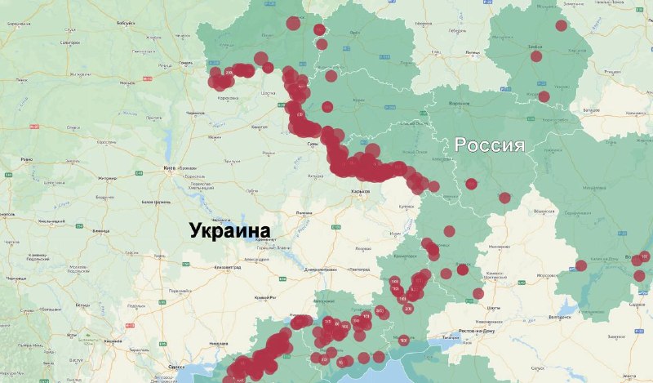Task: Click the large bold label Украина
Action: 230,231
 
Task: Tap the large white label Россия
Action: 489,145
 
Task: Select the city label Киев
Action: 170,168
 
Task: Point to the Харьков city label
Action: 360,191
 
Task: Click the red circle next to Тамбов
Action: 536,56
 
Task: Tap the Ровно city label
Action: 26,159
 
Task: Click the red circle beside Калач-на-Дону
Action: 581,265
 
